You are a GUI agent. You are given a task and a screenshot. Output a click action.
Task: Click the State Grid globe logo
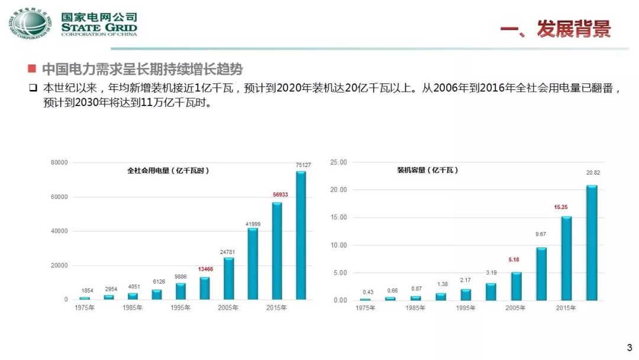pos(30,24)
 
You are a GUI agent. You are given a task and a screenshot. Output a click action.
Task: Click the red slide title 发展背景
pos(574,28)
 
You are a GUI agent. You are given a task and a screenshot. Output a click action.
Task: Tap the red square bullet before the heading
pos(32,69)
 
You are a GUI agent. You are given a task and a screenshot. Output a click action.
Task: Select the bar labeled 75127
pos(301,235)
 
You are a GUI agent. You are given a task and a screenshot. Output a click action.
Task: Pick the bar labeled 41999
pos(253,263)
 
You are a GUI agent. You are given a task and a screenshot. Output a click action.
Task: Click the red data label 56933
pos(280,194)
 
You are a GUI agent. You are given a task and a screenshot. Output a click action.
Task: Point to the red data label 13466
pos(205,269)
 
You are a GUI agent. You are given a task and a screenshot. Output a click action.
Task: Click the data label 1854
pos(87,291)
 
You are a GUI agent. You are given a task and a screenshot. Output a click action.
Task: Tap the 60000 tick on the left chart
pos(59,197)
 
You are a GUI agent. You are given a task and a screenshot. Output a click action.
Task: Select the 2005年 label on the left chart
pos(228,307)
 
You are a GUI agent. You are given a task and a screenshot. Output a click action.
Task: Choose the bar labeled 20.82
pos(592,243)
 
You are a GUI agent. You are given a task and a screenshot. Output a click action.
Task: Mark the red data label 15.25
pos(561,207)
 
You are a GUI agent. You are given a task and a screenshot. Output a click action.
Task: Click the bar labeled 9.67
pos(541,274)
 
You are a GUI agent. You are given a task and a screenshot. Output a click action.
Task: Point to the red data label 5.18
pos(514,260)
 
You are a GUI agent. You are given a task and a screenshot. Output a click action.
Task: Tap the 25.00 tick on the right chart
pos(338,162)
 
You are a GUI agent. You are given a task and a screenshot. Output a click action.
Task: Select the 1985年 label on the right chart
pos(415,308)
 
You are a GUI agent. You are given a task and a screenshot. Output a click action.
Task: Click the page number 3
pos(630,348)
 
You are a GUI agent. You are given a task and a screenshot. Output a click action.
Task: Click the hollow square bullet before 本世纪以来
pos(33,88)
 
